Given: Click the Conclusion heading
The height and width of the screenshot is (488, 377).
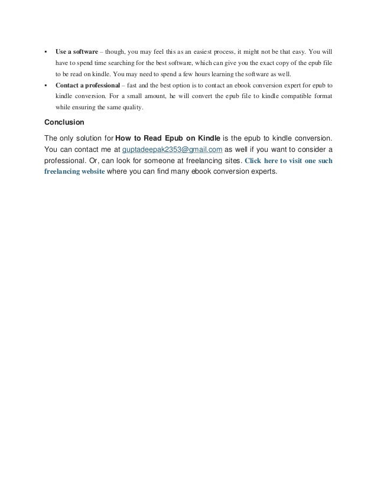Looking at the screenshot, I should tap(64, 123).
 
